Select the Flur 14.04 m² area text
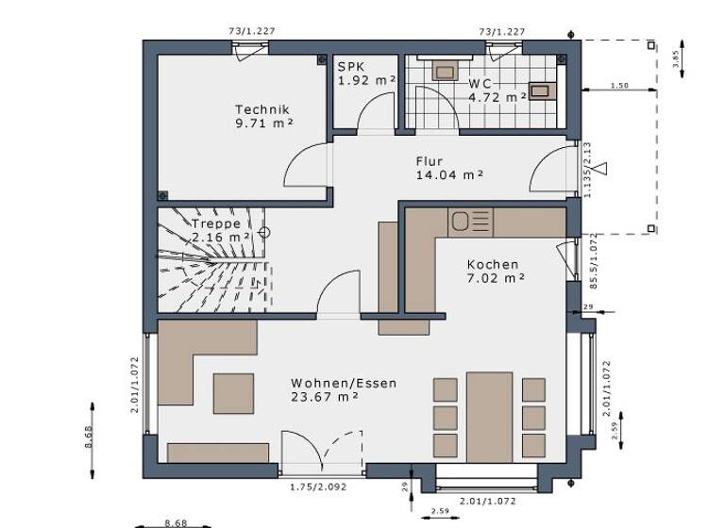(449, 174)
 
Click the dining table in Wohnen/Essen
(489, 416)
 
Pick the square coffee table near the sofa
(233, 393)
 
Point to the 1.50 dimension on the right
(618, 86)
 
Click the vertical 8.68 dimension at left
(89, 439)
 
